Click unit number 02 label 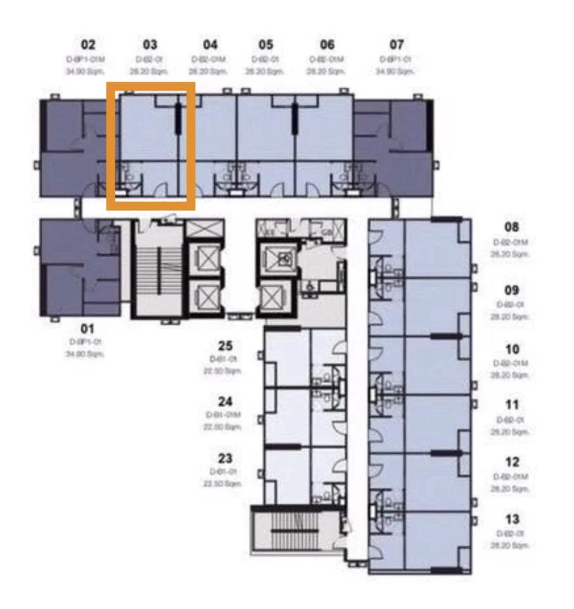tap(88, 45)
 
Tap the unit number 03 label tap(150, 45)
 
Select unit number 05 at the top tap(266, 45)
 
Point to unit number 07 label tap(397, 45)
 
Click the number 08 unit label tap(512, 227)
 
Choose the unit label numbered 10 tap(512, 348)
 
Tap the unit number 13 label tap(512, 520)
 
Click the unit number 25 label tap(226, 346)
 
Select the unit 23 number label tap(225, 459)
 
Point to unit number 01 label tap(88, 329)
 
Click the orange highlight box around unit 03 tap(151, 84)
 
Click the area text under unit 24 tap(224, 428)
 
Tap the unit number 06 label tap(327, 45)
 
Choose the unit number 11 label tap(512, 405)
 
